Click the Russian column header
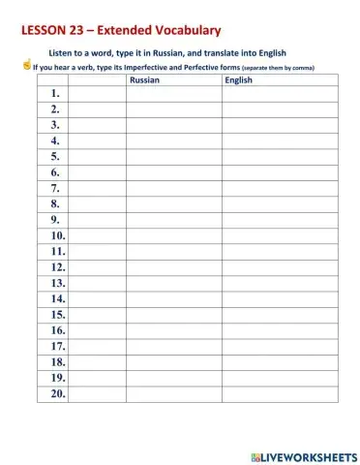click(144, 81)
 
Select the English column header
click(238, 81)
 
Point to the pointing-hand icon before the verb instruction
click(26, 66)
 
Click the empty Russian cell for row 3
click(173, 125)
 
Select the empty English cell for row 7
click(280, 188)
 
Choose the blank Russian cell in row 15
click(173, 315)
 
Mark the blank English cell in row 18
click(280, 362)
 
